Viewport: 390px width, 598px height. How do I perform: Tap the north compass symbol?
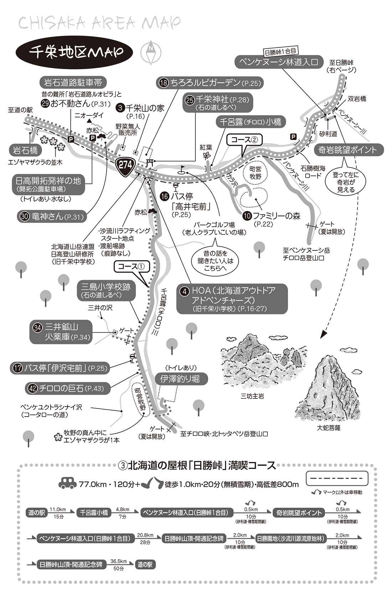pos(151,52)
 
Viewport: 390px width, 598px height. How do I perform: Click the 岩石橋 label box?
pos(25,150)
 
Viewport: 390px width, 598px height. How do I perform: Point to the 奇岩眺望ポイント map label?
pos(348,150)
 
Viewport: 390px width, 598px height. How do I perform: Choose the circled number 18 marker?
pos(163,83)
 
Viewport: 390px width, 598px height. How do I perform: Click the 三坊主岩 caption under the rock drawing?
pos(252,396)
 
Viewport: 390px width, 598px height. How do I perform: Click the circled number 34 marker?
pos(37,328)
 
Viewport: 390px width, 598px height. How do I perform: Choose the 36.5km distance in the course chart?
pos(118,561)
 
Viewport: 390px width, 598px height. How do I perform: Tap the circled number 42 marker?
pos(32,388)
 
